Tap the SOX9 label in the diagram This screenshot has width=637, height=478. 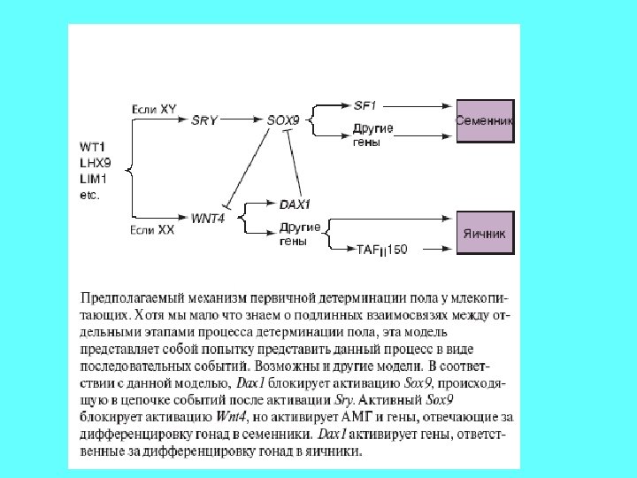point(282,119)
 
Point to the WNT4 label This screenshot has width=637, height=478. point(208,218)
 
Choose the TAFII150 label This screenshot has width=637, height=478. point(382,251)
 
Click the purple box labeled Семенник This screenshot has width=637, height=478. point(484,119)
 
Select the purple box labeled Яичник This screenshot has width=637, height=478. point(484,234)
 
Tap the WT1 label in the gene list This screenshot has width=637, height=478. point(91,145)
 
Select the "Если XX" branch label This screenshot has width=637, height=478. point(153,230)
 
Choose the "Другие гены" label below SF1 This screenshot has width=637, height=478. point(372,135)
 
